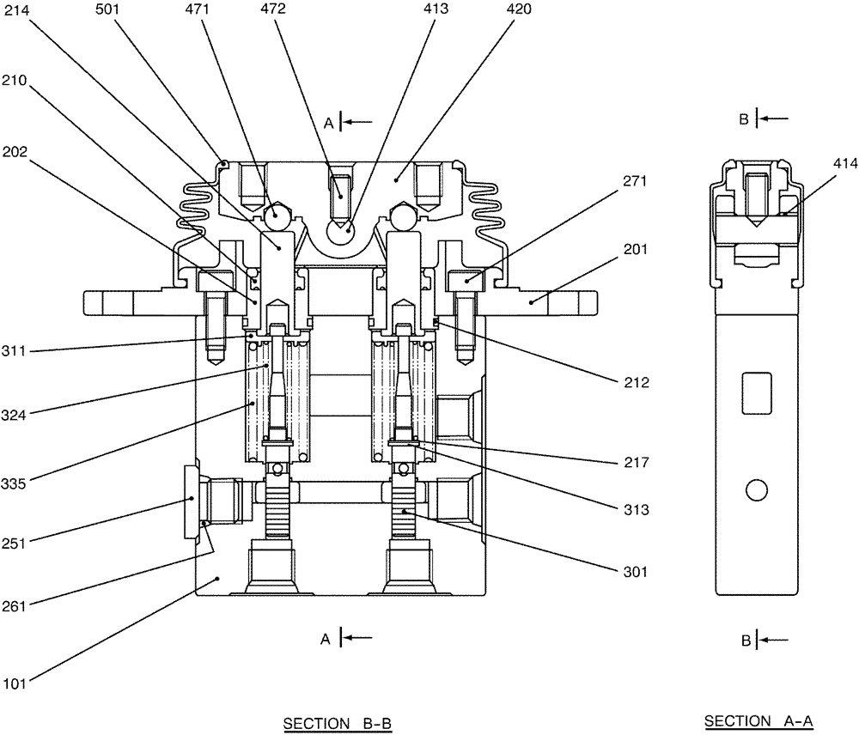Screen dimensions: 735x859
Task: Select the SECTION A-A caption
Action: pyautogui.click(x=758, y=722)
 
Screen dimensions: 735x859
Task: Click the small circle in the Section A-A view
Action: pyautogui.click(x=756, y=490)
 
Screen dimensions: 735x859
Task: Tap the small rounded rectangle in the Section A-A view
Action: pyautogui.click(x=757, y=388)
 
